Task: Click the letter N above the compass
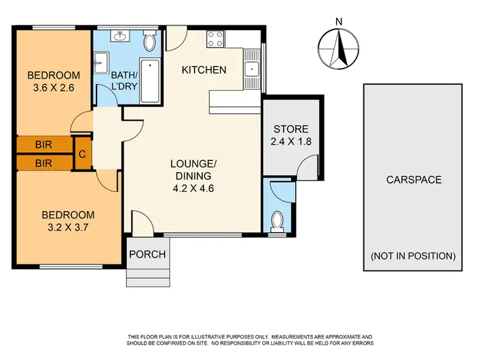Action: click(x=339, y=22)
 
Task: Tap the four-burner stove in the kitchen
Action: click(x=214, y=39)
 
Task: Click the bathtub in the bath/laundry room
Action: click(x=150, y=82)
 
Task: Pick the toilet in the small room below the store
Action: click(x=278, y=221)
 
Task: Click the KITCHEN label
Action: click(x=204, y=70)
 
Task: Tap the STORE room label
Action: click(x=291, y=129)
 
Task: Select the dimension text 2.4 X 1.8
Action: click(x=291, y=142)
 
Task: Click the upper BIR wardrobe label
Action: click(x=44, y=145)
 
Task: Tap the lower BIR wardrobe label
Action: click(x=44, y=163)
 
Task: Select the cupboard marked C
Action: click(x=83, y=153)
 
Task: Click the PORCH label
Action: click(x=147, y=254)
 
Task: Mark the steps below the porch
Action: click(x=148, y=277)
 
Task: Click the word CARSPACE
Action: click(x=413, y=180)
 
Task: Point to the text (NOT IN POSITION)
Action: click(x=413, y=256)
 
